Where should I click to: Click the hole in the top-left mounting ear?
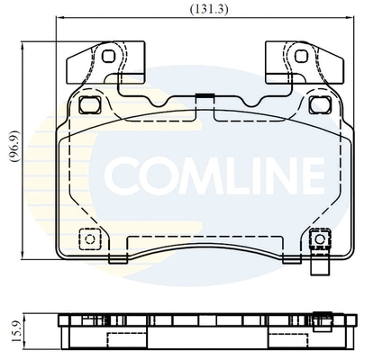pos(109,57)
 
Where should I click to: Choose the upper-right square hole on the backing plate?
pos(316,104)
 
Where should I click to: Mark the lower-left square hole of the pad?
pos(88,240)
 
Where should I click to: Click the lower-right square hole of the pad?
pos(316,240)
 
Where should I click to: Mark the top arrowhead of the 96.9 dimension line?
pos(26,43)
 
